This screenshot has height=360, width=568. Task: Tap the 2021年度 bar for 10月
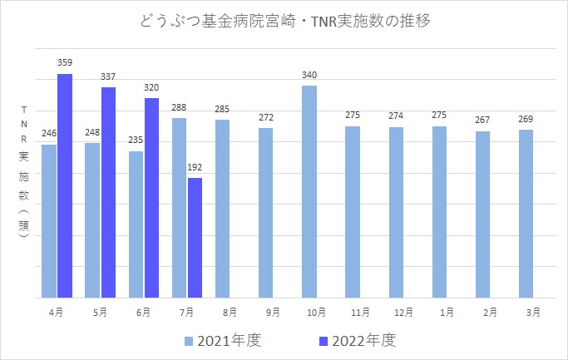pyautogui.click(x=309, y=191)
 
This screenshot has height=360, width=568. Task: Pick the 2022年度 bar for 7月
pyautogui.click(x=195, y=237)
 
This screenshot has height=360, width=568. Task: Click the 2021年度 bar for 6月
pyautogui.click(x=136, y=224)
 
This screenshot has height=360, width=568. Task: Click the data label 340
pyautogui.click(x=309, y=75)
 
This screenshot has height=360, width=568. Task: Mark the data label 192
pyautogui.click(x=195, y=167)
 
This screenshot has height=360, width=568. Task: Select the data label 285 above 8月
pyautogui.click(x=222, y=109)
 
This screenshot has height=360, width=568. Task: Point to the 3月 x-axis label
pyautogui.click(x=533, y=313)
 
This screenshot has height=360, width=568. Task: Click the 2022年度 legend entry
pyautogui.click(x=356, y=340)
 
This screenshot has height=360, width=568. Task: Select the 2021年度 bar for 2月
pyautogui.click(x=482, y=214)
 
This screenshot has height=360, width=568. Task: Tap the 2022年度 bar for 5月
pyautogui.click(x=108, y=192)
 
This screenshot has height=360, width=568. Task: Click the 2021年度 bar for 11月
pyautogui.click(x=353, y=212)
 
